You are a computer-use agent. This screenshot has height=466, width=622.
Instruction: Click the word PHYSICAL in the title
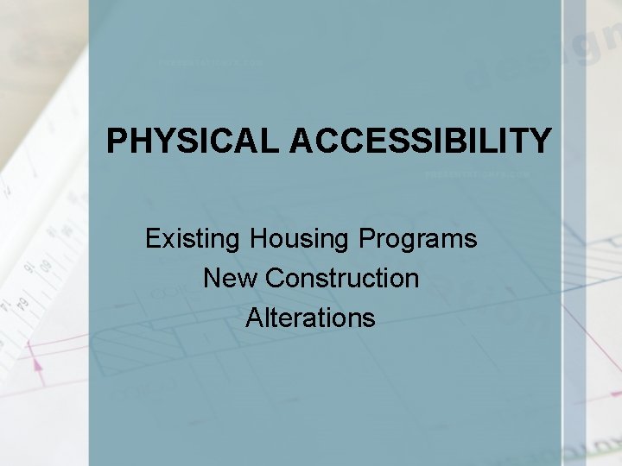click(x=194, y=141)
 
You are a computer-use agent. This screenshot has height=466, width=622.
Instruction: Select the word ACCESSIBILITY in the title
click(x=421, y=141)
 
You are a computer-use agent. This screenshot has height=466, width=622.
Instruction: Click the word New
click(x=230, y=278)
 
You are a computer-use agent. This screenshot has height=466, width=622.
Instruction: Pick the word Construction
click(x=342, y=278)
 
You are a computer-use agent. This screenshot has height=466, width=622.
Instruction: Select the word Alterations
click(x=310, y=318)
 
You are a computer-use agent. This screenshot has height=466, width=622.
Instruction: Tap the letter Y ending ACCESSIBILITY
click(x=539, y=141)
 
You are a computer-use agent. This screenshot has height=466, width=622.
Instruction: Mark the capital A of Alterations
click(x=254, y=318)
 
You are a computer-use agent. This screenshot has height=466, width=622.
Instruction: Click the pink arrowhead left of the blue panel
click(x=38, y=365)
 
